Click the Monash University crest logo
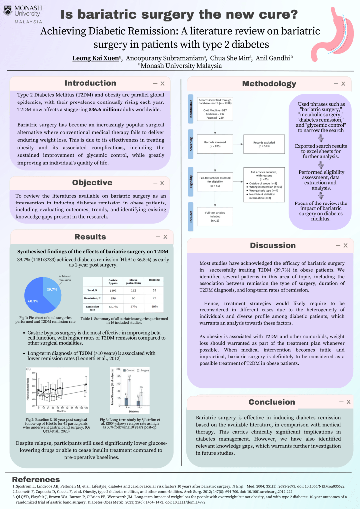[8, 10]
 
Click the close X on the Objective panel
[162, 183]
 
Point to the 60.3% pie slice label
[32, 301]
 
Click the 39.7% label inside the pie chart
[53, 289]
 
